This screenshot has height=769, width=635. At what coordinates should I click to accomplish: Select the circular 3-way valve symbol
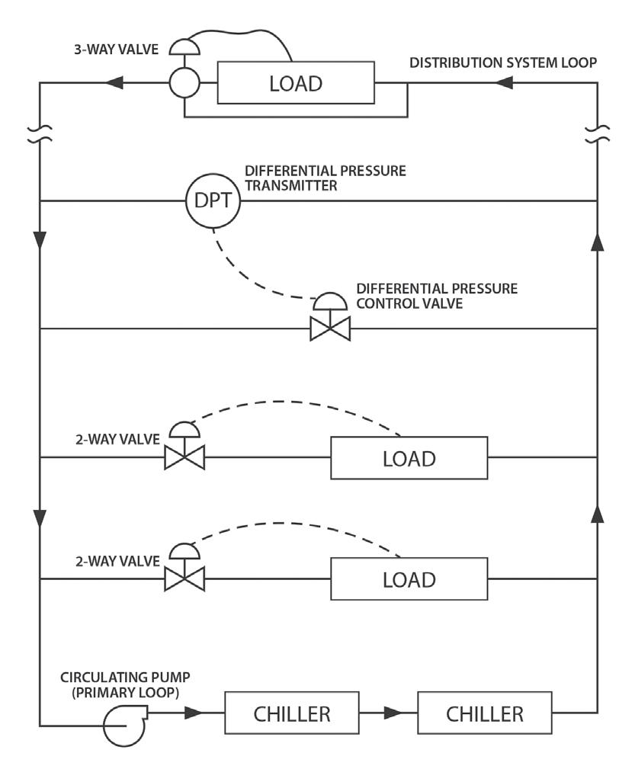tap(184, 83)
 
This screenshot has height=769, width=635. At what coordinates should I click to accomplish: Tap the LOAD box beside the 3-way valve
tap(296, 83)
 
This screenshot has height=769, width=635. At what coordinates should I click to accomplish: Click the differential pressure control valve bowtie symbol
tap(330, 328)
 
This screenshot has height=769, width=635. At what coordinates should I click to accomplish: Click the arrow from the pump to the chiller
tap(194, 713)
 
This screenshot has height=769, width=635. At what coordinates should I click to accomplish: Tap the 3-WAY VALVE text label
tap(125, 50)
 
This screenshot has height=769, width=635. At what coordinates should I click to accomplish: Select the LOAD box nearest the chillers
tap(409, 578)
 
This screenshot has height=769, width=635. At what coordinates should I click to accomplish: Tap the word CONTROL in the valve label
tap(388, 303)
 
